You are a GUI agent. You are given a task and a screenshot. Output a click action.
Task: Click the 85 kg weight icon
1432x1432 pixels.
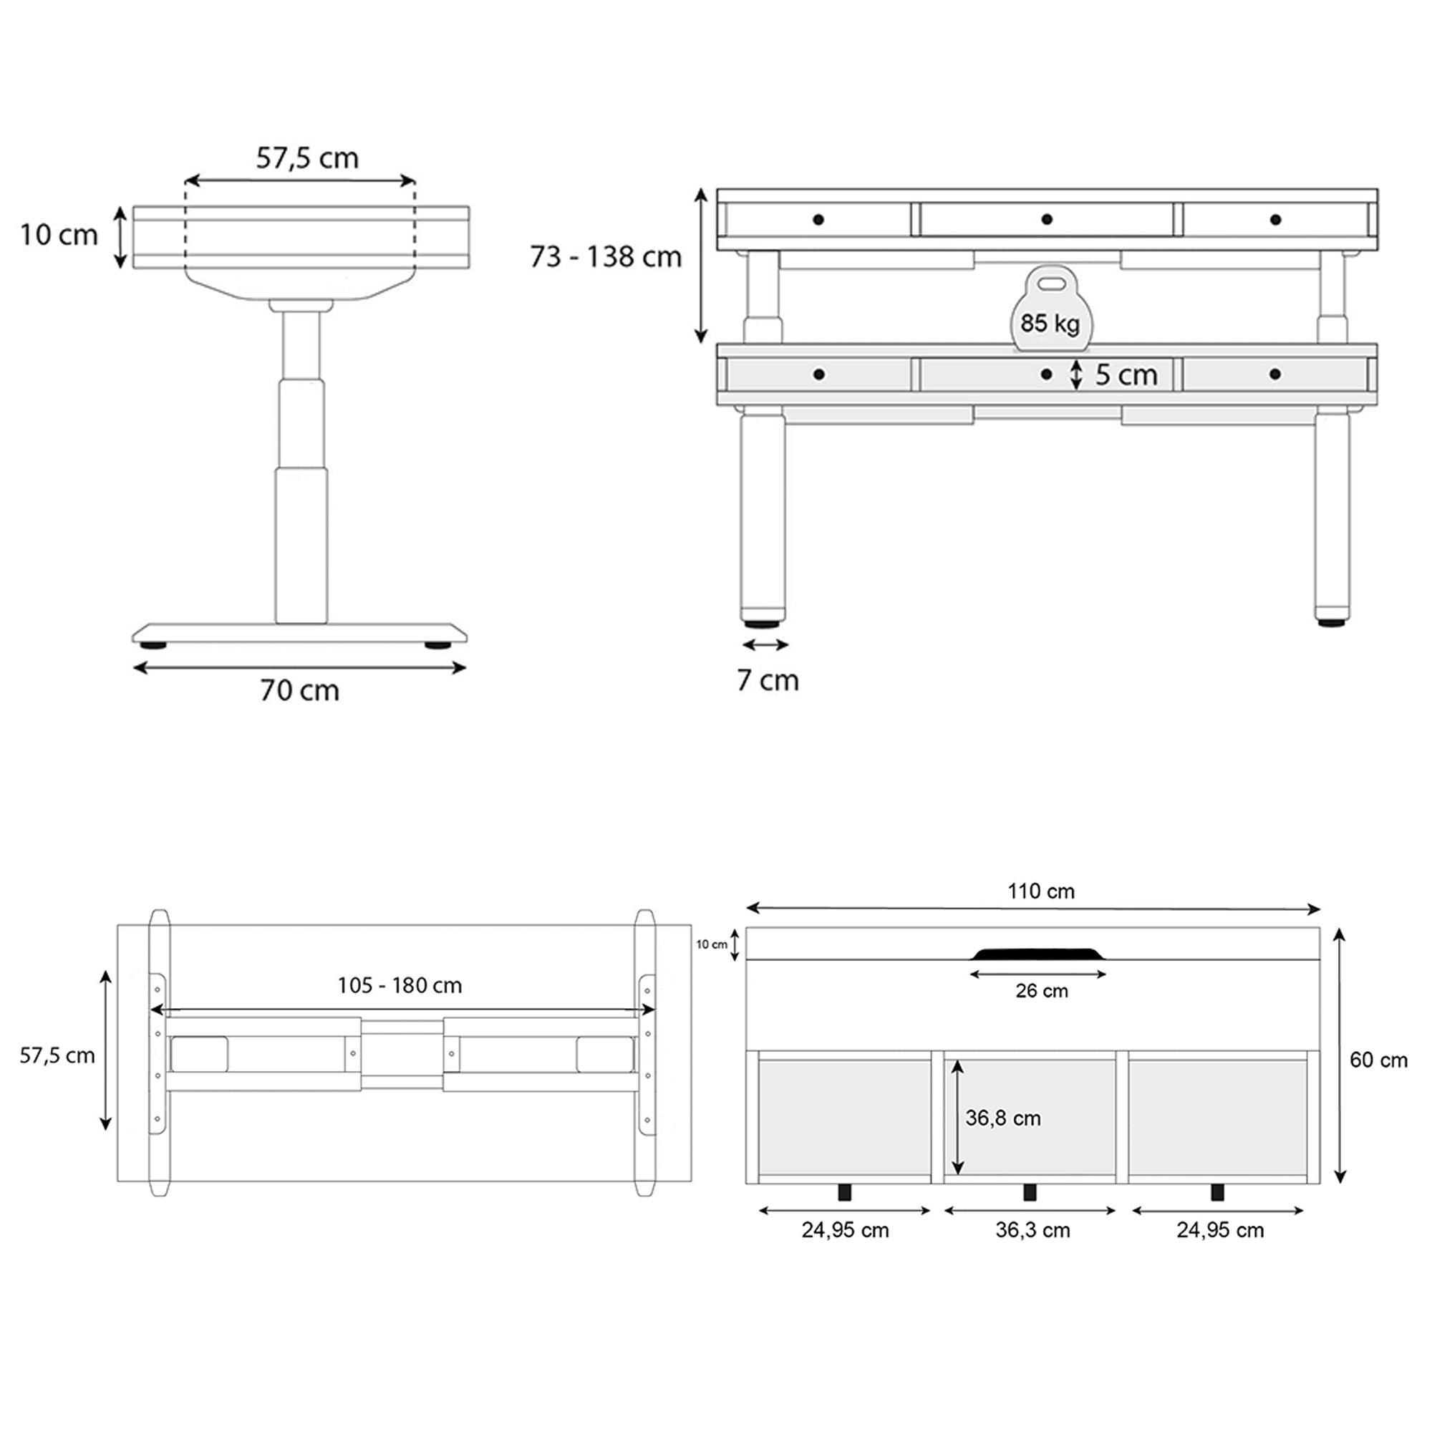tap(1050, 309)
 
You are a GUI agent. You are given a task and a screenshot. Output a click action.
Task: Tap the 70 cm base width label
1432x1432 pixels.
tap(299, 691)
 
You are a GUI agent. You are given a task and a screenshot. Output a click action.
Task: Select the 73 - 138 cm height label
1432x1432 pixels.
tap(606, 257)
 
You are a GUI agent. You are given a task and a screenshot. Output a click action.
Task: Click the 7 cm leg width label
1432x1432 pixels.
tap(768, 680)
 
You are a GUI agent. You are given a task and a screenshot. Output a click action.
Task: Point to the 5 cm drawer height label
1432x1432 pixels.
tap(1126, 375)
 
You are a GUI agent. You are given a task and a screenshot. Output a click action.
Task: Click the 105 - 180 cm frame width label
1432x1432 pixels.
tap(400, 985)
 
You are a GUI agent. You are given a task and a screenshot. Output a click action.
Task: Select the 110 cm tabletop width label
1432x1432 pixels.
tap(1040, 891)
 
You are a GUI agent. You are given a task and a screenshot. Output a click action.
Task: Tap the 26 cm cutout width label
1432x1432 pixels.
tap(1041, 991)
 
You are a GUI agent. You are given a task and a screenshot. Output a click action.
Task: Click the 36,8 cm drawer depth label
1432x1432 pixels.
tap(1003, 1118)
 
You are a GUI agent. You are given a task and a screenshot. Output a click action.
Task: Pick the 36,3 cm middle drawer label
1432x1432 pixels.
tap(1032, 1230)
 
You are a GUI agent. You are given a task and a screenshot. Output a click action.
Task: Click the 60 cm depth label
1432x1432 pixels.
tap(1378, 1060)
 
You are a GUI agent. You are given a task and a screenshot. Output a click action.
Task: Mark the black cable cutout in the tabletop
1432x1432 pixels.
tap(1038, 954)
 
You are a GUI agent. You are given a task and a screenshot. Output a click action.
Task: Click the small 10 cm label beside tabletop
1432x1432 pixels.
tap(712, 944)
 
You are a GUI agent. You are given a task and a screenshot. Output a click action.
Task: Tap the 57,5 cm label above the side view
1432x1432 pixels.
tap(308, 158)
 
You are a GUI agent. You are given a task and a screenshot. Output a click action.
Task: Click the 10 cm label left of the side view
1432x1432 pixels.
tap(59, 235)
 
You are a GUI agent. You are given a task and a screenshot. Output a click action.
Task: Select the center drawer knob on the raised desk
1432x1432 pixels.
tap(1047, 219)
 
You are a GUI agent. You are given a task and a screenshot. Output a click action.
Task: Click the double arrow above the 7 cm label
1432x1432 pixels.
tap(765, 646)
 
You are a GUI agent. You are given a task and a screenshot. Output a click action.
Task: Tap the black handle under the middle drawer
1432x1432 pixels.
tap(1030, 1192)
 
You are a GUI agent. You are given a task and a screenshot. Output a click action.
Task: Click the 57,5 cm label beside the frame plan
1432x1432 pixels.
tap(57, 1055)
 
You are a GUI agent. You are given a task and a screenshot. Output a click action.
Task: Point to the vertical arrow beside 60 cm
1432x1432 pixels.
tap(1340, 1055)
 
